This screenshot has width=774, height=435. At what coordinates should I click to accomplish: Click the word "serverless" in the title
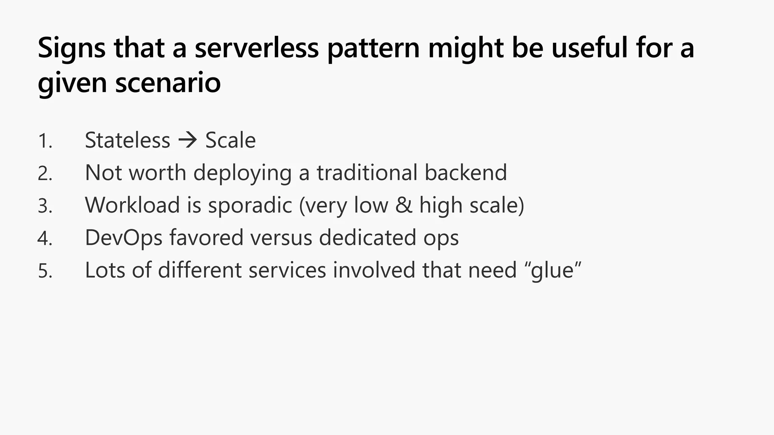(257, 48)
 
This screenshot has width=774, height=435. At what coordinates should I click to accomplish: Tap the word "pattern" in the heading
(373, 48)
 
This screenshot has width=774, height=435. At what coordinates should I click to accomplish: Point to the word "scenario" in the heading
(168, 83)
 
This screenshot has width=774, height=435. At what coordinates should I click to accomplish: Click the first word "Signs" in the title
(71, 48)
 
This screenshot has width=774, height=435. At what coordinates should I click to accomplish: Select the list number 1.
(45, 141)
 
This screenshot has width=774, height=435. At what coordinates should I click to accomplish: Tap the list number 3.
(45, 206)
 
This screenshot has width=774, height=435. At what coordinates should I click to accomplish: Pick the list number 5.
(45, 271)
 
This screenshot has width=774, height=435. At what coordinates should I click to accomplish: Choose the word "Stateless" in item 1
(127, 140)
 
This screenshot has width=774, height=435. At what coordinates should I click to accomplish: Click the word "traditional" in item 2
(367, 173)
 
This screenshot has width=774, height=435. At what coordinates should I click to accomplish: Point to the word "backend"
(466, 173)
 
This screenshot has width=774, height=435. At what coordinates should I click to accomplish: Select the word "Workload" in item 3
(132, 205)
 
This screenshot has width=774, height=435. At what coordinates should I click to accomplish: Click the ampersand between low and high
(404, 205)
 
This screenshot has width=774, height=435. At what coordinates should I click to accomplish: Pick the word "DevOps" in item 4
(124, 238)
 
